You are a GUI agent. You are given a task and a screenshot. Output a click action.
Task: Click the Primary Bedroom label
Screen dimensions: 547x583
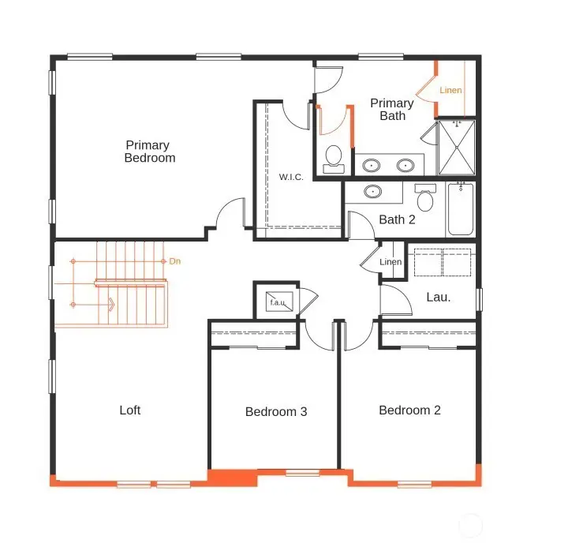click(x=150, y=152)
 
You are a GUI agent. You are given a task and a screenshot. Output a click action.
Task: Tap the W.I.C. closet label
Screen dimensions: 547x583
click(x=290, y=177)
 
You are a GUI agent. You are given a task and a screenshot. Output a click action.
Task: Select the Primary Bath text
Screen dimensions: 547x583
click(x=392, y=110)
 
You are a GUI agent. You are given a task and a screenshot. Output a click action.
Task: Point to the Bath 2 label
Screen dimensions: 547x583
click(x=397, y=219)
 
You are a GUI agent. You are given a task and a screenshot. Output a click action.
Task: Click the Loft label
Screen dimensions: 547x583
click(x=130, y=410)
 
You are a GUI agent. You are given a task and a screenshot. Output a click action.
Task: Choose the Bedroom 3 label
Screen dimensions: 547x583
click(x=275, y=411)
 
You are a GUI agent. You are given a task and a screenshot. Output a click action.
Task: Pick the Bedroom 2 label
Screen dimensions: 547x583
click(x=409, y=410)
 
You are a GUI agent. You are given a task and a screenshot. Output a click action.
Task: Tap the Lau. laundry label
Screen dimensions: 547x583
click(x=439, y=298)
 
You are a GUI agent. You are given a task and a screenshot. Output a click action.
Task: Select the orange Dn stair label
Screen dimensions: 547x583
click(x=175, y=260)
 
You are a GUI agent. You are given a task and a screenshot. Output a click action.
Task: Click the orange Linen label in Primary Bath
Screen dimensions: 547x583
click(x=450, y=90)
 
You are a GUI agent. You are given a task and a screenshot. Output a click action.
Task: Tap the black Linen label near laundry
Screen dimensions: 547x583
click(x=391, y=262)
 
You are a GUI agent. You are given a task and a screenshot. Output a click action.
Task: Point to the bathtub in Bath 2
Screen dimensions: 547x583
click(x=461, y=208)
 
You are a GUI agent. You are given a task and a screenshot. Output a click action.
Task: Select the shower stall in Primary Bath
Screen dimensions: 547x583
click(x=457, y=147)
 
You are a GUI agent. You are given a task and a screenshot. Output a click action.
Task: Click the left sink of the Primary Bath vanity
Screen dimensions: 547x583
click(x=371, y=165)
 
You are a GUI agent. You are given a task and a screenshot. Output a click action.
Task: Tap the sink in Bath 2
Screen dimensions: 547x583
click(x=372, y=191)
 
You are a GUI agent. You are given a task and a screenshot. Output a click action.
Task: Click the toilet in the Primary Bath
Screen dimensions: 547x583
click(x=334, y=156)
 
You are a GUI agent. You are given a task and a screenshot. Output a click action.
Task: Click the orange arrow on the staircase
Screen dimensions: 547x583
click(x=110, y=305)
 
